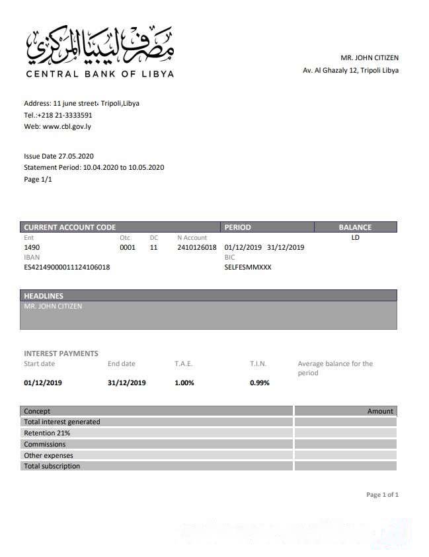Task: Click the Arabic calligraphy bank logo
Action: pos(100,45)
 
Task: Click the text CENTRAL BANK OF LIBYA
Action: pos(100,74)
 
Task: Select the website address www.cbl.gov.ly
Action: pos(67,126)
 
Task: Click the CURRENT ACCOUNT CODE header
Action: pos(70,227)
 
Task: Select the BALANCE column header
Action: pos(355,227)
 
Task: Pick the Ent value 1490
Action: pos(32,247)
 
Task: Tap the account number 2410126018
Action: pos(197,247)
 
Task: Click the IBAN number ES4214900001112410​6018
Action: pos(67,268)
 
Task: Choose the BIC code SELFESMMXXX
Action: pos(248,268)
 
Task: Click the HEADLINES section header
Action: pos(44,296)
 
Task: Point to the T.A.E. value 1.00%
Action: pos(184,383)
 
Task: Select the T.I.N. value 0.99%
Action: pos(260,383)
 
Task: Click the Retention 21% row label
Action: pos(47,433)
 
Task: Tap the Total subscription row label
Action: pos(52,466)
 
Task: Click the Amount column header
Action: pos(380,411)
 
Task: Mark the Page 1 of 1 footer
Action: pos(382,495)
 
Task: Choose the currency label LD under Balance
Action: pos(355,238)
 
